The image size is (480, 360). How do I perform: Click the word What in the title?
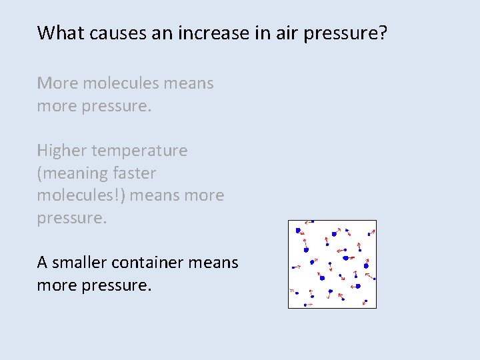[x=58, y=33]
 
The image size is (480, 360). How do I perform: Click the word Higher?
[x=60, y=151]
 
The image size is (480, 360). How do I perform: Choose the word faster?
[x=134, y=173]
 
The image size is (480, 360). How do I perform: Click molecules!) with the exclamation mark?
[x=81, y=196]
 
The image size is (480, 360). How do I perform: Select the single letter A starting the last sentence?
[x=42, y=263]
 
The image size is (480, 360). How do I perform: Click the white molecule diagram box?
[x=332, y=264]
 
